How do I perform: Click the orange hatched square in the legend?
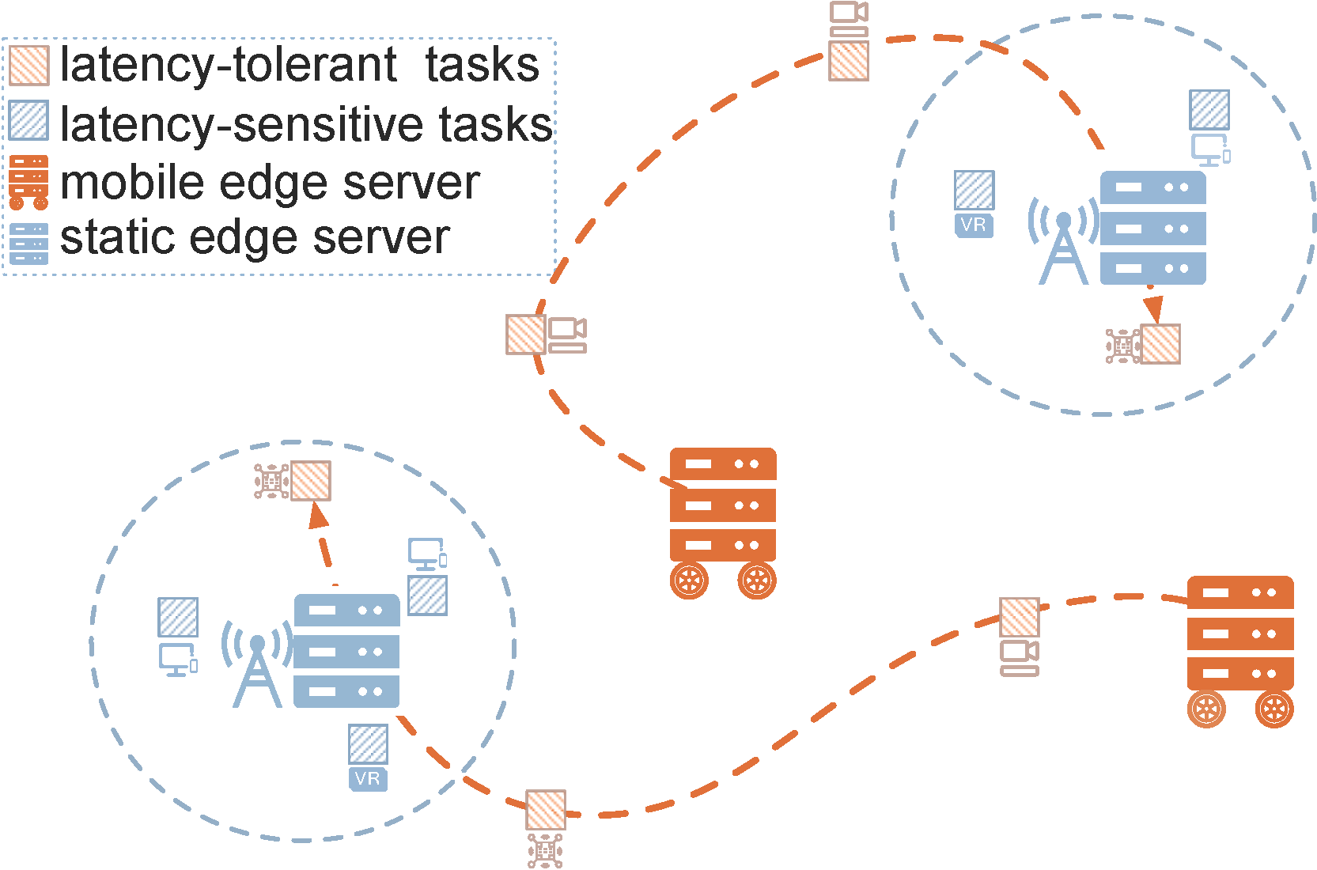(29, 65)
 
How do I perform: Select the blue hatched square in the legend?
(29, 120)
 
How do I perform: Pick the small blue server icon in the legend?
(29, 243)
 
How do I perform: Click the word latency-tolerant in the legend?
(229, 65)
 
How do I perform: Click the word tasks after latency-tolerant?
(482, 65)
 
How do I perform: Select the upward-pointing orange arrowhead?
(317, 516)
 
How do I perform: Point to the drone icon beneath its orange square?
(545, 850)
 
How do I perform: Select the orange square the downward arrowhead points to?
(1160, 344)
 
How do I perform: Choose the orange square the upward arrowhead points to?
(311, 480)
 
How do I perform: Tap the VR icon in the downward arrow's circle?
(974, 225)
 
